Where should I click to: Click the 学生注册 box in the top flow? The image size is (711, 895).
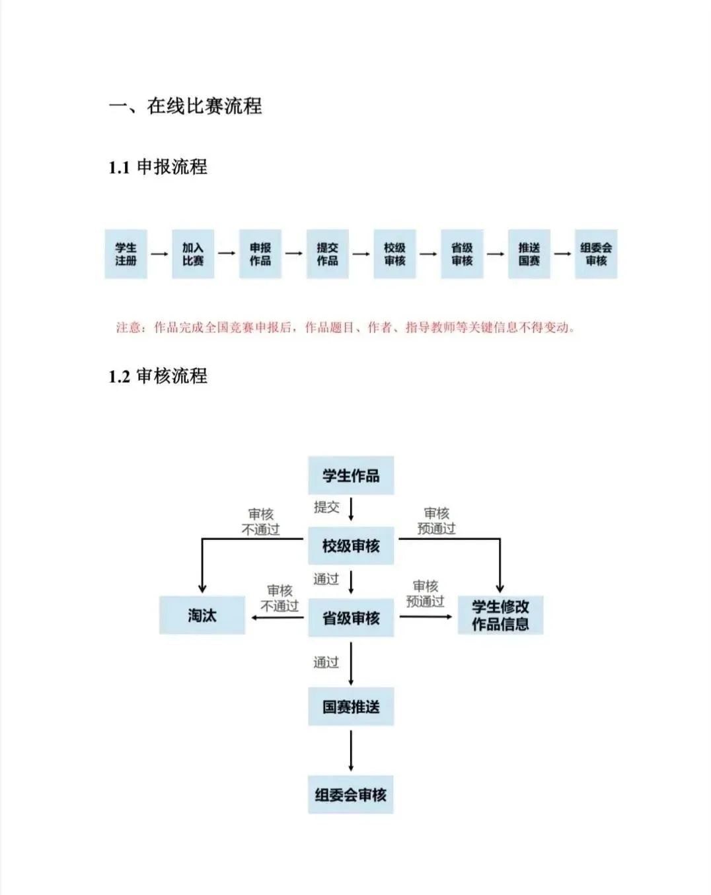tap(126, 254)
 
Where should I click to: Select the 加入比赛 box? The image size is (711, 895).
tap(193, 254)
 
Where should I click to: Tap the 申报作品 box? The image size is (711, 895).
tap(260, 254)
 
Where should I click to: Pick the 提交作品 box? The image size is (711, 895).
tap(327, 254)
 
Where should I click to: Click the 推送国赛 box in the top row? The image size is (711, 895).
tap(529, 254)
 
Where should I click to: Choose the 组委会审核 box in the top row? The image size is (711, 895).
tap(596, 254)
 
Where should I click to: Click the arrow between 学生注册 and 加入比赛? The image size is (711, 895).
tap(159, 254)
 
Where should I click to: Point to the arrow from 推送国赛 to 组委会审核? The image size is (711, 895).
tap(562, 254)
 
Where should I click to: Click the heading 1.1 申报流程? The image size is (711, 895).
tap(158, 167)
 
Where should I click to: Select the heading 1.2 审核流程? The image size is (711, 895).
tap(158, 376)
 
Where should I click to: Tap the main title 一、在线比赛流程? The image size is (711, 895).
tap(186, 106)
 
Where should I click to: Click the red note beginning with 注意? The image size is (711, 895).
tap(345, 327)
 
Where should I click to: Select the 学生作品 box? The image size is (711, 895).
tap(351, 475)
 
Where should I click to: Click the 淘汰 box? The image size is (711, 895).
tap(202, 615)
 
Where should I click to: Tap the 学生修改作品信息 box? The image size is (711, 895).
tap(500, 615)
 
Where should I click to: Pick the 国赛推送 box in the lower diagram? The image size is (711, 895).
tap(351, 707)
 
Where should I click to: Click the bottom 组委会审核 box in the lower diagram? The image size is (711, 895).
tap(351, 795)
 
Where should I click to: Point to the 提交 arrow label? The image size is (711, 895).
tap(326, 507)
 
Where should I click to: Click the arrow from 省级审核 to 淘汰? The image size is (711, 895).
tap(278, 618)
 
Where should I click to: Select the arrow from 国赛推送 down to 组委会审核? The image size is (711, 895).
tap(351, 750)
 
